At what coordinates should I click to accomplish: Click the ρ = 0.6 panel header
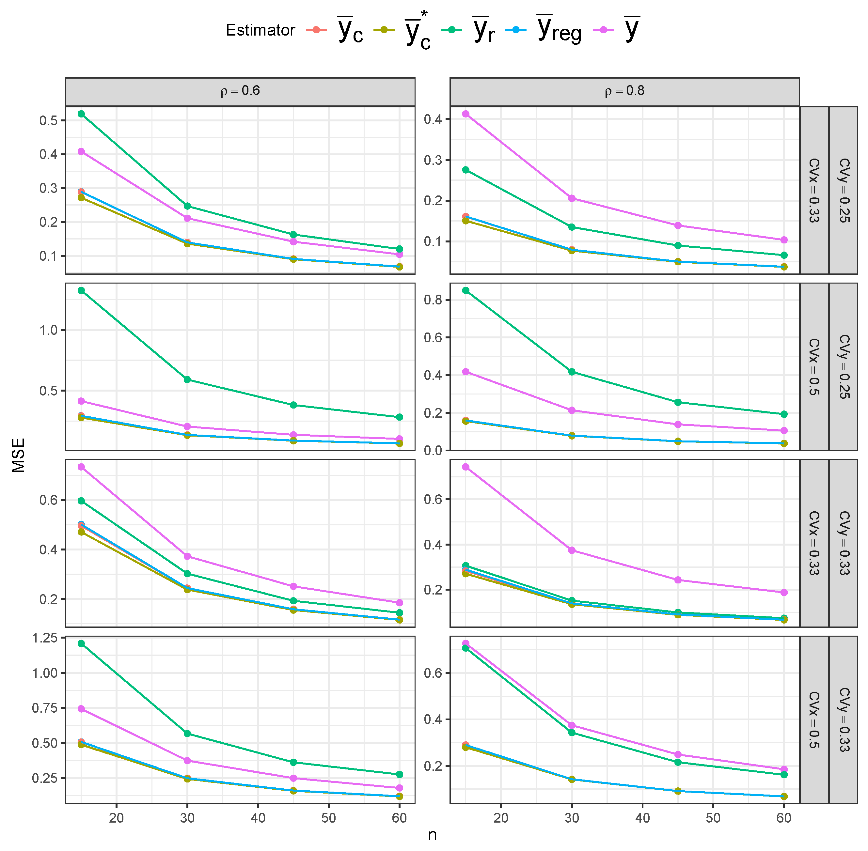tap(240, 91)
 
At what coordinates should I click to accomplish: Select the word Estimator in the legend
tap(260, 30)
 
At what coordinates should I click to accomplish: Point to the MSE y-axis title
tap(18, 455)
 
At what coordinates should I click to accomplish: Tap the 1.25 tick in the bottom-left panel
tap(45, 638)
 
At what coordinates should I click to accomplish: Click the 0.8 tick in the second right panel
tap(433, 300)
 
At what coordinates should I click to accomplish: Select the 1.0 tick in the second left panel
tap(48, 330)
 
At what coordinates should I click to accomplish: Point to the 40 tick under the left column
tap(258, 818)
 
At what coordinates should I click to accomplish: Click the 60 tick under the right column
tap(783, 818)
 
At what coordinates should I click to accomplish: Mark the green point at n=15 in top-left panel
tap(81, 114)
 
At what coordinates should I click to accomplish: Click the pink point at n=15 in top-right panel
tap(466, 114)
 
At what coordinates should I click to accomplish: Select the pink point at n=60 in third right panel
tap(783, 592)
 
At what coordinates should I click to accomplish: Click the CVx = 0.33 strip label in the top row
tap(814, 190)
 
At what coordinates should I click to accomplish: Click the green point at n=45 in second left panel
tap(293, 405)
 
